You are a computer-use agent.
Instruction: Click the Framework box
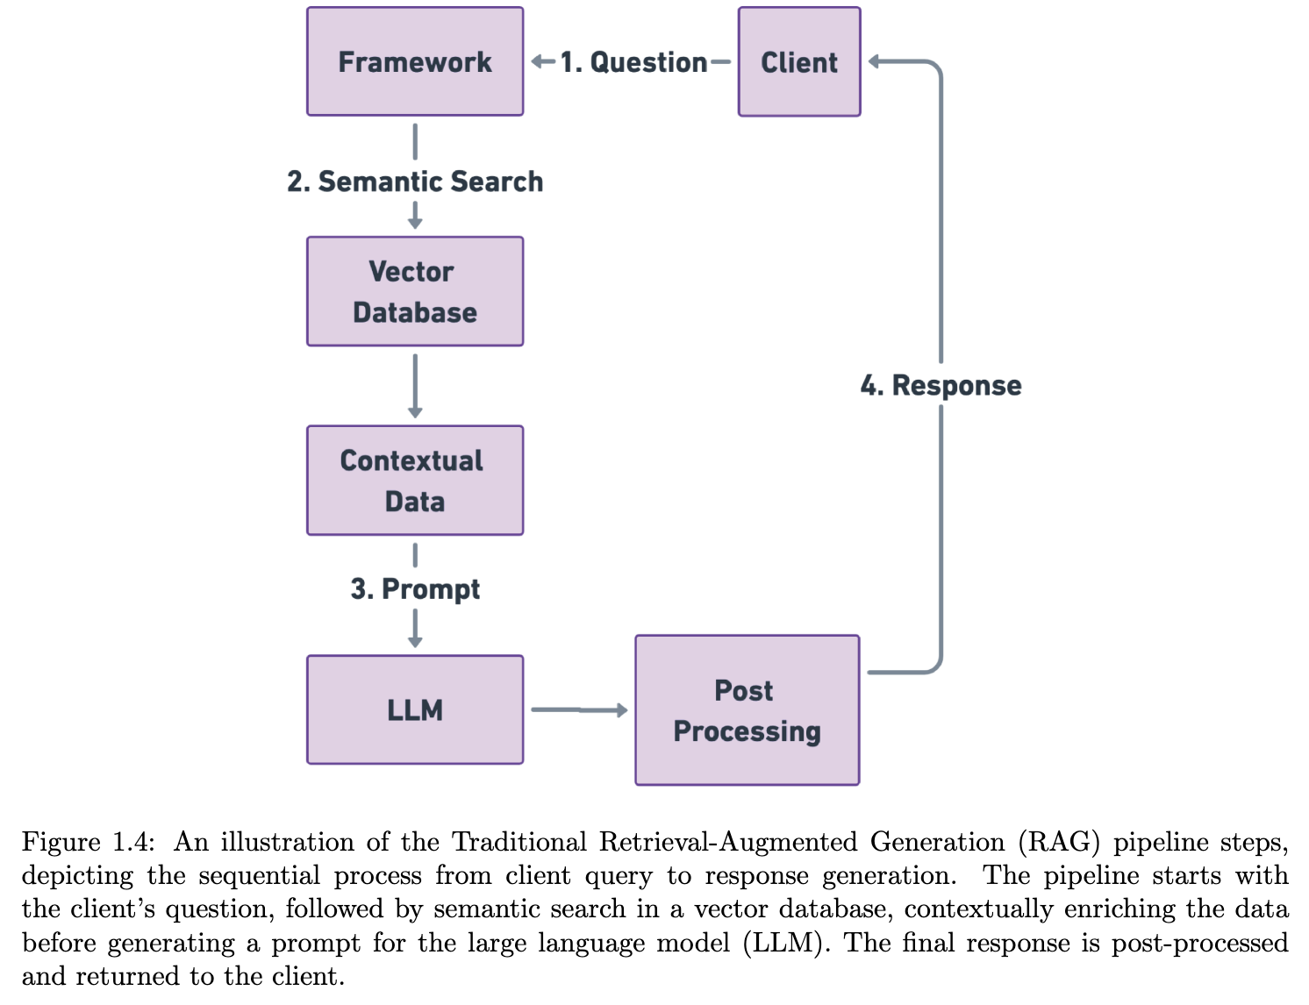[415, 61]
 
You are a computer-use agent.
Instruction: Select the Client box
[799, 62]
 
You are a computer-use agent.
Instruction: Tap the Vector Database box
[415, 291]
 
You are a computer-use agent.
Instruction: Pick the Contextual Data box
[415, 481]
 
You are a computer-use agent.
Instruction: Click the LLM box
[415, 709]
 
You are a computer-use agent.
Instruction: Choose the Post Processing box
[747, 710]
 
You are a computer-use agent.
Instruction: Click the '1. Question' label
[633, 62]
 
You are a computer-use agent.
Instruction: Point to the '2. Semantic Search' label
[415, 182]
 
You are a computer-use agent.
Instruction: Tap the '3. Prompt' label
[415, 588]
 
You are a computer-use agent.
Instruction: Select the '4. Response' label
[941, 386]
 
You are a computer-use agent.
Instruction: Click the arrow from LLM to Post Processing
[579, 709]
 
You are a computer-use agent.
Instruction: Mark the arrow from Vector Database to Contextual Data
[415, 386]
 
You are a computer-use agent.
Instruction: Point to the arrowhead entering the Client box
[875, 61]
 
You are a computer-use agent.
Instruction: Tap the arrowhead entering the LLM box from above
[415, 642]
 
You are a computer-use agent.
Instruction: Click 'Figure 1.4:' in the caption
[88, 842]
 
